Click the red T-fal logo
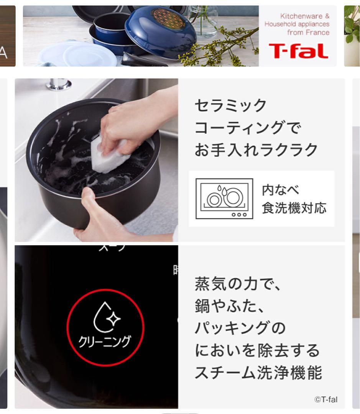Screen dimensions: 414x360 tap(298, 51)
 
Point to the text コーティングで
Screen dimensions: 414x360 tap(248, 128)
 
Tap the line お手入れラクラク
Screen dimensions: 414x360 tap(256, 150)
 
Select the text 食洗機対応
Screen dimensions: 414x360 tap(294, 208)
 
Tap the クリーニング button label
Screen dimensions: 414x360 tap(104, 341)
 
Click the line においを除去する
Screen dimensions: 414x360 tap(257, 350)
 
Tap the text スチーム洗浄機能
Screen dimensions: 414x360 tap(258, 373)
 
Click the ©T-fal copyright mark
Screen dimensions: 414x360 tap(326, 399)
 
